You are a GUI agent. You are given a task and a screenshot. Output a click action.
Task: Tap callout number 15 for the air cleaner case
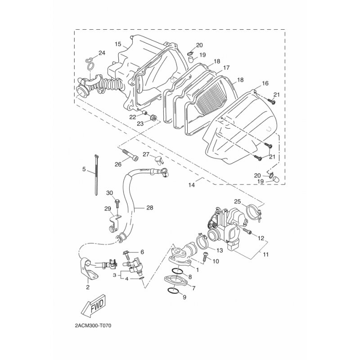pyautogui.click(x=118, y=44)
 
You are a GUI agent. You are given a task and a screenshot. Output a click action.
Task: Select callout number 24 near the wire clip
pyautogui.click(x=102, y=53)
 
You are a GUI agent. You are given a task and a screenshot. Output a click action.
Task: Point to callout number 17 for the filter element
pyautogui.click(x=226, y=68)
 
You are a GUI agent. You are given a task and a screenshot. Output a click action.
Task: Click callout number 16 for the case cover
pyautogui.click(x=265, y=83)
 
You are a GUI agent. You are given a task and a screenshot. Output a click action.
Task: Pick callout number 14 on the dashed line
pyautogui.click(x=192, y=185)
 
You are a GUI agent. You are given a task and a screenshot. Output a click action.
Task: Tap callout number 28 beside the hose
pyautogui.click(x=150, y=207)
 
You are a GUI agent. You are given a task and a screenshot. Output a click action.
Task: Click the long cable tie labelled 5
pyautogui.click(x=96, y=175)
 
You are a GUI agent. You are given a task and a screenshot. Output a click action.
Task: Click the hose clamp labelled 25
pyautogui.click(x=254, y=211)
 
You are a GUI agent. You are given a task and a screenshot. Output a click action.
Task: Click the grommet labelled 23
pyautogui.click(x=153, y=118)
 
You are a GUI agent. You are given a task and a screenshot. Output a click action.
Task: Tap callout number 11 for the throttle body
pyautogui.click(x=265, y=254)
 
